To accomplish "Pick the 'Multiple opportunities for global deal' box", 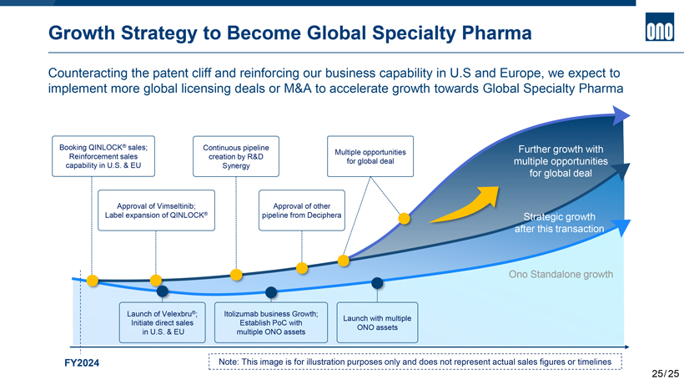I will tap(370, 156).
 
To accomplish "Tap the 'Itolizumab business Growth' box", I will tap(269, 322).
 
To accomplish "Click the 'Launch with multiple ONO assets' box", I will tap(377, 322).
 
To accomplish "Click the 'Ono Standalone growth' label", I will tap(561, 274).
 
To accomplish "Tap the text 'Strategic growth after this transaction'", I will tap(556, 222).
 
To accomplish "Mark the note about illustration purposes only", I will tap(414, 362).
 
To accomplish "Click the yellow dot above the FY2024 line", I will tap(93, 280).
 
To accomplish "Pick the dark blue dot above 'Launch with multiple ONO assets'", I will tap(377, 282).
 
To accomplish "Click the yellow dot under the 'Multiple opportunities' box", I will tap(404, 219).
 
